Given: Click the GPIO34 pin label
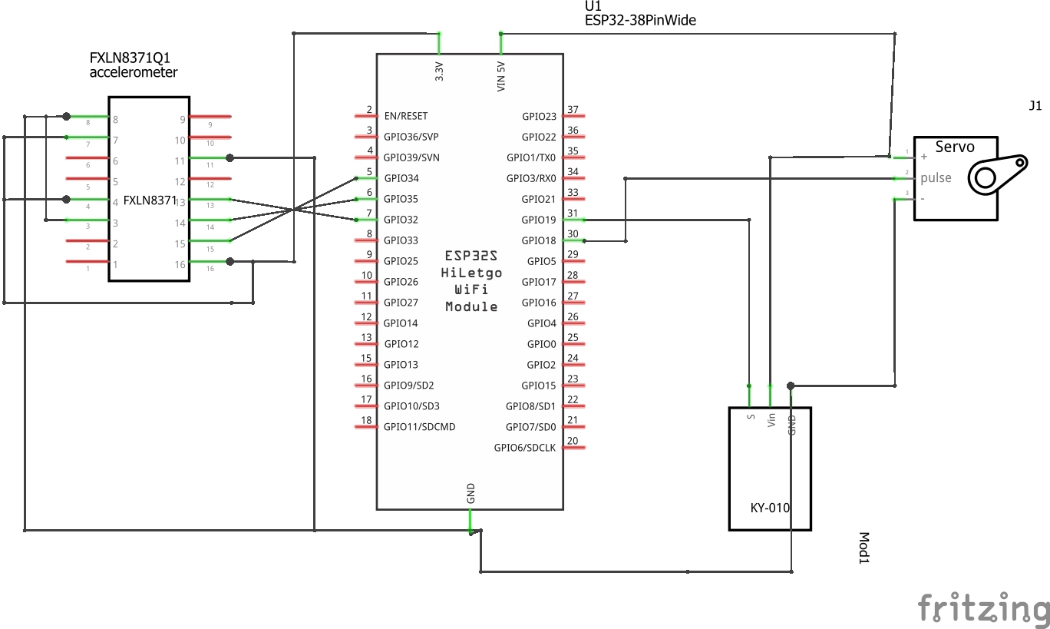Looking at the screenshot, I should coord(401,179).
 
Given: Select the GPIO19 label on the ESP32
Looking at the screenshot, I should coord(538,220).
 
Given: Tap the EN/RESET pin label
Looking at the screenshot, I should coord(405,117).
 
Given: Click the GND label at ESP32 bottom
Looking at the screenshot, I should coord(471,493).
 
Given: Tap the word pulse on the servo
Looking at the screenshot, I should coord(936,177).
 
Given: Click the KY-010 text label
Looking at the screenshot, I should coord(769,508).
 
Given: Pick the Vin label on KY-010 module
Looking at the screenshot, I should coord(771,420).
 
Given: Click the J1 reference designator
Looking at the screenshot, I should coord(1035,106).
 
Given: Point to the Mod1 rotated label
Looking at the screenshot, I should coord(863,548).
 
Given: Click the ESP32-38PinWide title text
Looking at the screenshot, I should coord(640,21).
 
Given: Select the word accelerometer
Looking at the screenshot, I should coord(134,72).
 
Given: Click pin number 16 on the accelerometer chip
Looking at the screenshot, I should coord(180,264).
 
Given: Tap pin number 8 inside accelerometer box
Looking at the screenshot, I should coord(115,120).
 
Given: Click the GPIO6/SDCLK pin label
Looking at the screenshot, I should coord(524,448).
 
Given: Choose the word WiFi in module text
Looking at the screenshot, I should coord(471,290).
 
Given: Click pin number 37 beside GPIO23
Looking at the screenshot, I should coord(572,110).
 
